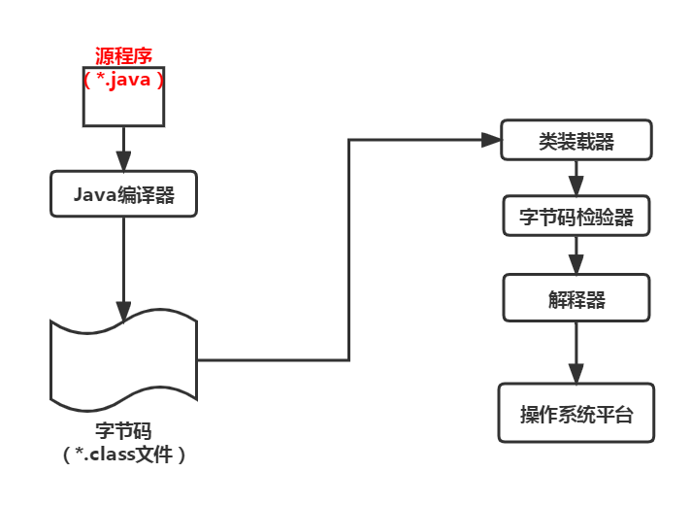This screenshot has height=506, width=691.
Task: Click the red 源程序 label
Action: (x=123, y=55)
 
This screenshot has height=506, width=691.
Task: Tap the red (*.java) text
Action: (x=123, y=80)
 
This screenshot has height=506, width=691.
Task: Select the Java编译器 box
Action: (x=123, y=194)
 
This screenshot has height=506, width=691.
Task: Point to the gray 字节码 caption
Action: (x=123, y=430)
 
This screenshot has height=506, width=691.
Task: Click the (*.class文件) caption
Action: (x=123, y=454)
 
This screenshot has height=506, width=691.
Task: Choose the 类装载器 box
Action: (x=576, y=142)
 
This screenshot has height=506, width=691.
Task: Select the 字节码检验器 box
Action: (x=576, y=217)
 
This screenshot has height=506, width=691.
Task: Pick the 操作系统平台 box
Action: (x=576, y=414)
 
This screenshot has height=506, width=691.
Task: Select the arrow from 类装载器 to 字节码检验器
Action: (x=576, y=179)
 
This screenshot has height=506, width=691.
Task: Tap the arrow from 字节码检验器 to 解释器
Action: (x=576, y=255)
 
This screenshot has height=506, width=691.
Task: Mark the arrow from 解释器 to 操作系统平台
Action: (x=576, y=350)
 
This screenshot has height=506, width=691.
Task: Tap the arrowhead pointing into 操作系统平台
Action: (x=576, y=374)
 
